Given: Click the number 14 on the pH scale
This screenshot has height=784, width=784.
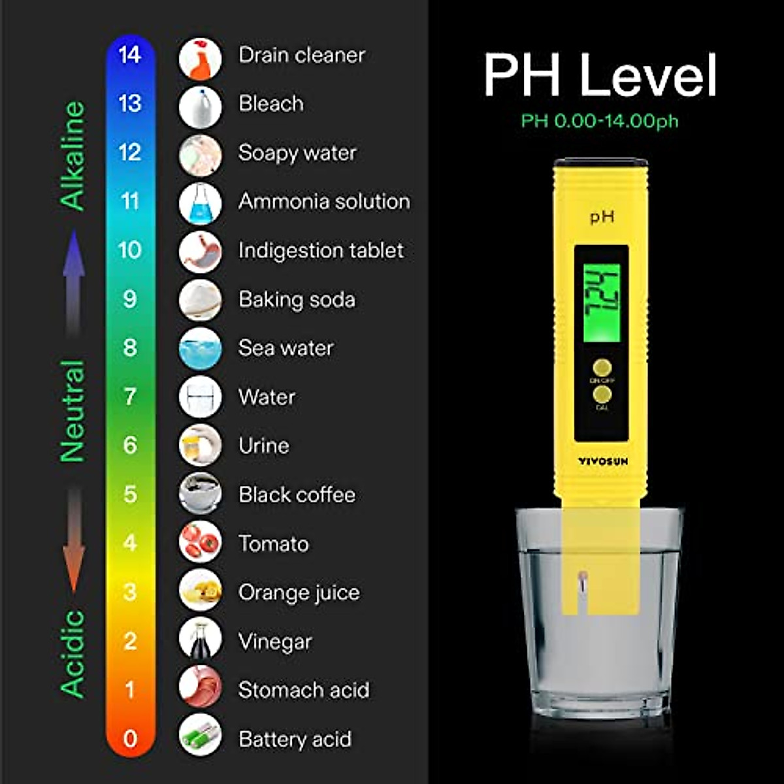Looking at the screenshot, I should click(130, 55).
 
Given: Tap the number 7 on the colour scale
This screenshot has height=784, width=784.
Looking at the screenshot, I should click(130, 397).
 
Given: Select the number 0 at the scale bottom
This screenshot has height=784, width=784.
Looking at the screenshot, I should click(130, 738).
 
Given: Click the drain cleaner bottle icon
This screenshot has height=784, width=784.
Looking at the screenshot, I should click(200, 59).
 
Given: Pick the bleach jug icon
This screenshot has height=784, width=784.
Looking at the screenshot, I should click(200, 107).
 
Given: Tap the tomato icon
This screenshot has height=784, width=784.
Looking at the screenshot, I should click(200, 542).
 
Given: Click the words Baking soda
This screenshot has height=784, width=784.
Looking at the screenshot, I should click(297, 300).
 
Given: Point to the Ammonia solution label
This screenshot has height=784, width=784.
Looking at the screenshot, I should click(324, 201).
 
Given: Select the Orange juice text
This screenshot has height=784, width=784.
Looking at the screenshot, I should click(299, 593).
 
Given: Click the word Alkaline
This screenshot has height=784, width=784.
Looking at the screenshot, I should click(73, 155).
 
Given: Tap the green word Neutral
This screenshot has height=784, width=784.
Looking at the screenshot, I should click(73, 411).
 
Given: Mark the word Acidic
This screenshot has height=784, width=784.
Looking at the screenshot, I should click(73, 653).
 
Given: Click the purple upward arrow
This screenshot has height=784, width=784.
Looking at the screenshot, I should click(74, 281).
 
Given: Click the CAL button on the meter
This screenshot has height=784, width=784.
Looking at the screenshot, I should click(602, 395).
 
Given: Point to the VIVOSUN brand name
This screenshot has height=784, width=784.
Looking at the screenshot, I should click(602, 461).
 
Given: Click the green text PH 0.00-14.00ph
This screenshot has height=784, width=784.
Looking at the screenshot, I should click(599, 121).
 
